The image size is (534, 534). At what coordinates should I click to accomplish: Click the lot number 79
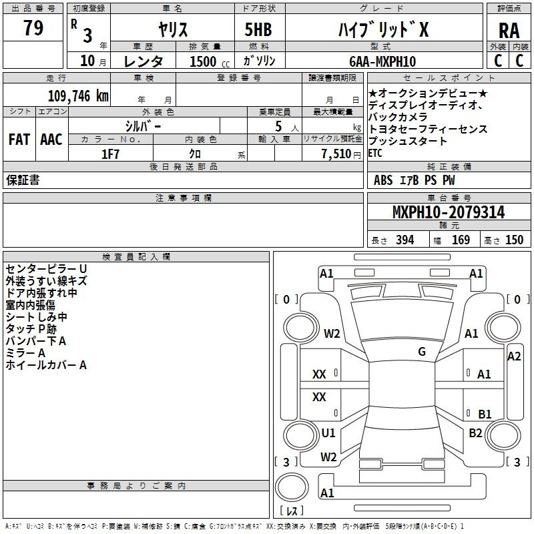pyautogui.click(x=33, y=29)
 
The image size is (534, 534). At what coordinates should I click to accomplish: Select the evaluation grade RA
pyautogui.click(x=509, y=31)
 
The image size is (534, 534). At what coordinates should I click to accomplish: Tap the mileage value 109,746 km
pyautogui.click(x=78, y=95)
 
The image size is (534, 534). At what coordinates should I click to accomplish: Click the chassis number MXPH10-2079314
pyautogui.click(x=448, y=212)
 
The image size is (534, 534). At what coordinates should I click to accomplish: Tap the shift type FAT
pyautogui.click(x=19, y=140)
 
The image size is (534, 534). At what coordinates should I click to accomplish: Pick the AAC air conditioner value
pyautogui.click(x=51, y=140)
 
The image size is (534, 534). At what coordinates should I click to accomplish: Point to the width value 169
pyautogui.click(x=461, y=240)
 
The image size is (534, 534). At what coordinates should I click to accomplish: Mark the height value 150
pyautogui.click(x=514, y=240)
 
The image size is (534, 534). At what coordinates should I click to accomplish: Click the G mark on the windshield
pyautogui.click(x=422, y=351)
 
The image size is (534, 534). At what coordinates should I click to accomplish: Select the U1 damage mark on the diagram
pyautogui.click(x=328, y=433)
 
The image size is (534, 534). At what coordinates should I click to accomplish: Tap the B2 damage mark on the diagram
pyautogui.click(x=475, y=433)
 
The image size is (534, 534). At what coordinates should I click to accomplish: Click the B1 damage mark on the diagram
pyautogui.click(x=485, y=414)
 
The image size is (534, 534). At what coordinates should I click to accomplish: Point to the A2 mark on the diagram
pyautogui.click(x=514, y=356)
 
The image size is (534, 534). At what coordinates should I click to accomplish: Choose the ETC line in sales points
pyautogui.click(x=375, y=153)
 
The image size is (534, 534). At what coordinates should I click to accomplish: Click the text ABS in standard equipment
pyautogui.click(x=383, y=180)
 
